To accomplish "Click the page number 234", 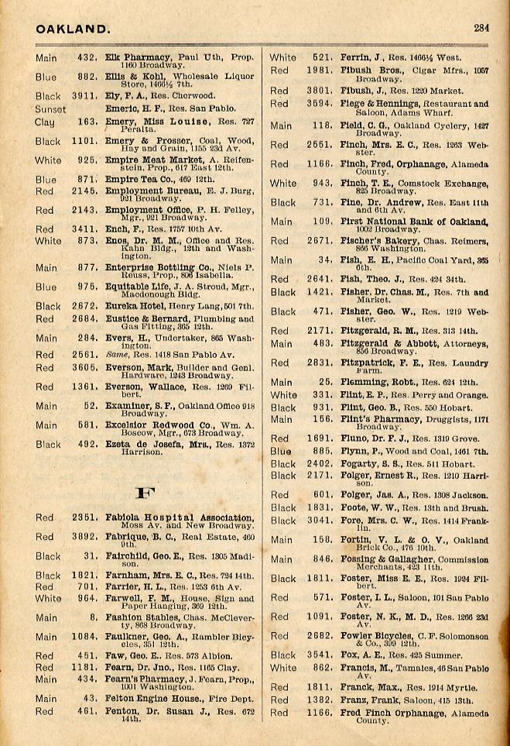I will (x=481, y=28).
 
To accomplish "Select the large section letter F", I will (x=142, y=493).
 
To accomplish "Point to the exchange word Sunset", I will (x=50, y=109).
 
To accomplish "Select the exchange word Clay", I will (x=45, y=122).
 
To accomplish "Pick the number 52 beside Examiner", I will (x=90, y=405).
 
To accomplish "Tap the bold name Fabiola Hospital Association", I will (x=179, y=517).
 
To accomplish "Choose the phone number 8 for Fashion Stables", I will (x=93, y=617).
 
